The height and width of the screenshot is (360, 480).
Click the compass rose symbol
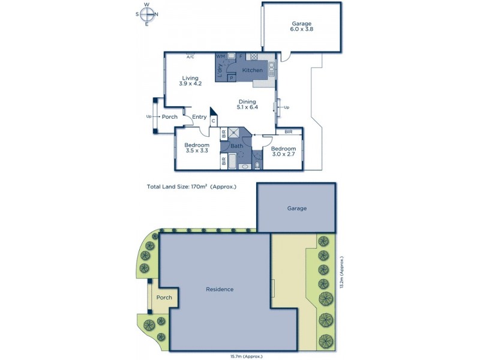click(147, 14)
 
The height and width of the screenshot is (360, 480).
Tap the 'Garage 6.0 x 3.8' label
click(301, 27)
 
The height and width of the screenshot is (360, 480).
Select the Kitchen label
click(253, 71)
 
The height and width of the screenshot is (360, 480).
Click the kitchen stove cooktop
click(254, 57)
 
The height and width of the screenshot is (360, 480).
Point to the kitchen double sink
click(271, 67)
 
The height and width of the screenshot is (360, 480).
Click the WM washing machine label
click(220, 56)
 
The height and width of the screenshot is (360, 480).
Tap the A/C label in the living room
click(190, 57)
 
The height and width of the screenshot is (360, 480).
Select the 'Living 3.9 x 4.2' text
click(190, 80)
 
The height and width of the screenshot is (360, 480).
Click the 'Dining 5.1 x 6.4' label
click(247, 104)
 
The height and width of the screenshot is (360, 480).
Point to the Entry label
click(199, 117)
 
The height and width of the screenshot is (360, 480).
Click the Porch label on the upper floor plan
click(170, 117)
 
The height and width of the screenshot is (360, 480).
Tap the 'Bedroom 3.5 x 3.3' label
click(196, 148)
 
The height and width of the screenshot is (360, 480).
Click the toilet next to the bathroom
click(257, 163)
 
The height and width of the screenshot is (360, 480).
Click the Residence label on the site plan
click(220, 289)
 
